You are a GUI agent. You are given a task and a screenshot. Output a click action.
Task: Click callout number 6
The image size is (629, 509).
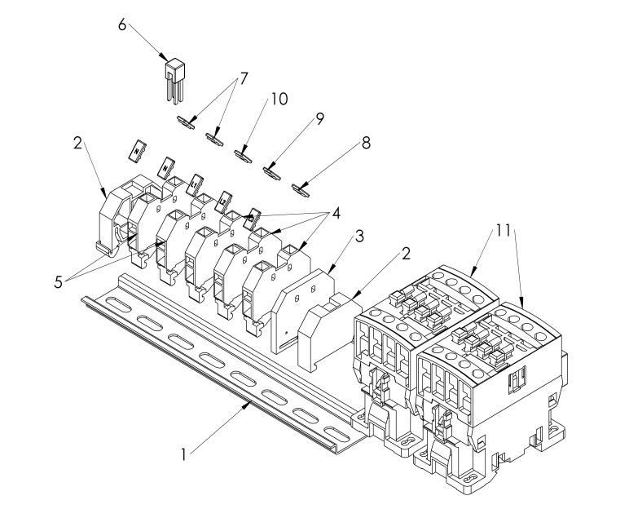tap(122, 25)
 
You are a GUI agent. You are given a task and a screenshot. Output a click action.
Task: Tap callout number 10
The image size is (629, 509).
tap(279, 99)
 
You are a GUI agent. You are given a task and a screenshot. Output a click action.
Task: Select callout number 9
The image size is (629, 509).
tap(319, 119)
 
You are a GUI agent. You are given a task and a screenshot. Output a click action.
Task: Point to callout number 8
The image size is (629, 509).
tap(366, 144)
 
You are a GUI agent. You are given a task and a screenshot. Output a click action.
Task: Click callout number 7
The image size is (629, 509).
tap(243, 78)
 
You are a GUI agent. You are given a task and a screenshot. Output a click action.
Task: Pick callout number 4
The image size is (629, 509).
tap(336, 214)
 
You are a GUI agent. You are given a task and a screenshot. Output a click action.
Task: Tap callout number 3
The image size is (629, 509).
tap(360, 237)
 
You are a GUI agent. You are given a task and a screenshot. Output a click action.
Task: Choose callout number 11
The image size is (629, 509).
tap(503, 231)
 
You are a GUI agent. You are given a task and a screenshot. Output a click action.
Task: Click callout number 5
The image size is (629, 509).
tap(59, 282)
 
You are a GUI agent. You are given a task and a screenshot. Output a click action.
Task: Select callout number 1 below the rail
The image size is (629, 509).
tap(183, 455)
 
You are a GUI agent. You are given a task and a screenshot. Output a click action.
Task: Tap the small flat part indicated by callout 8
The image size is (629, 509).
tap(301, 189)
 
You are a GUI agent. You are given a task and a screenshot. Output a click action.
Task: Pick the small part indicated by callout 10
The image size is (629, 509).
tap(244, 156)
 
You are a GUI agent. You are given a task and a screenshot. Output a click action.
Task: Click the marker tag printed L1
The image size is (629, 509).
tap(195, 184)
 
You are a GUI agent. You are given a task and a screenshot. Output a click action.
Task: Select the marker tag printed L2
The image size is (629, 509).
tap(223, 201)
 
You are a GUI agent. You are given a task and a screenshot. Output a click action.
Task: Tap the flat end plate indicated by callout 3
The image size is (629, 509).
tap(303, 310)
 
